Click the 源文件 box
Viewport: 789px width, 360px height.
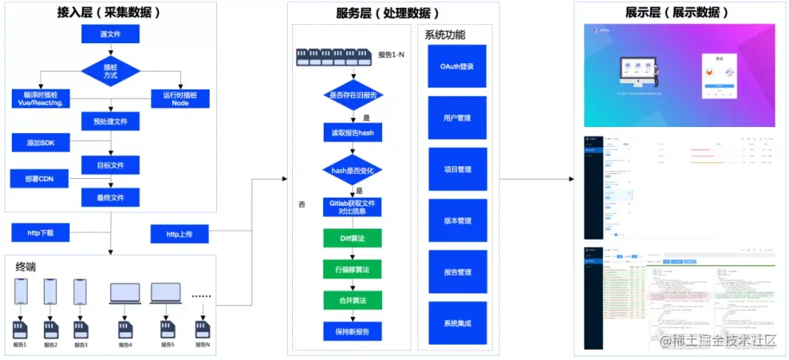coord(110,34)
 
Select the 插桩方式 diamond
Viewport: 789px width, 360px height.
coord(110,71)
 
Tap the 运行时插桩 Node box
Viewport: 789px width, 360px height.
coord(180,99)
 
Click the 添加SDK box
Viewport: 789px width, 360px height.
coord(42,142)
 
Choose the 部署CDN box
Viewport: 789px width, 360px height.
coord(41,178)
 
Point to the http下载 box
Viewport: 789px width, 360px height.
coord(42,234)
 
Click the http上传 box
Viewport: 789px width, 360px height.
coord(180,234)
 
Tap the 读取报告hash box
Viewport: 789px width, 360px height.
coord(353,133)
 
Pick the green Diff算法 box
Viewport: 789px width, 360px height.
coord(353,238)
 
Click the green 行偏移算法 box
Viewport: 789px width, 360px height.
coord(353,269)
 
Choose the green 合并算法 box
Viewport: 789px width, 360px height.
coord(353,300)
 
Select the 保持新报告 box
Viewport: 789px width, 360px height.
coord(353,332)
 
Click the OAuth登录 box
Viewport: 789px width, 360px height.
coord(457,66)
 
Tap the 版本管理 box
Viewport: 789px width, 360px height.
coord(457,221)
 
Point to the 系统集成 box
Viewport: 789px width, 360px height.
coord(457,323)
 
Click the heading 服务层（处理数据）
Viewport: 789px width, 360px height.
coord(388,13)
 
